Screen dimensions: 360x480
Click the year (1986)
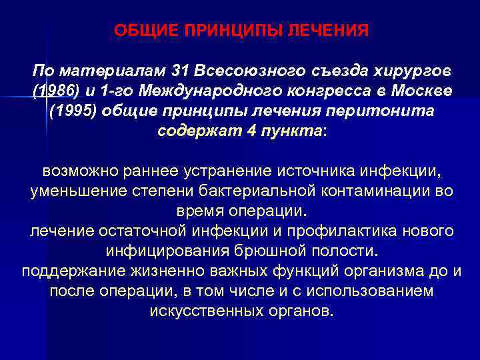click(53, 91)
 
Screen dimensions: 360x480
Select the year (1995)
click(74, 111)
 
